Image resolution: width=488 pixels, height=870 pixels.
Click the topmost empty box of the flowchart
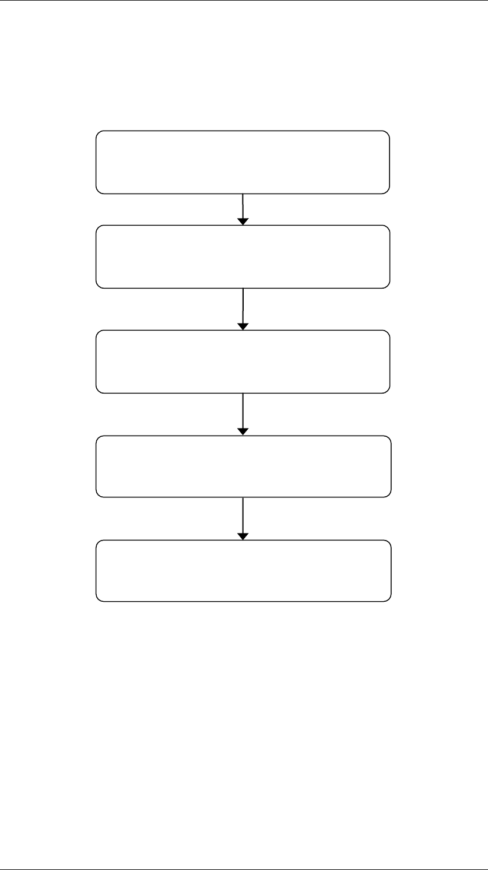click(x=243, y=162)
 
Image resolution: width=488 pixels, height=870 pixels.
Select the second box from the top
click(x=243, y=257)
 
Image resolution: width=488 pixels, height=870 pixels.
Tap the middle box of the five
click(x=243, y=362)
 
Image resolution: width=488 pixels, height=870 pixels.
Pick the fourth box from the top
click(x=243, y=466)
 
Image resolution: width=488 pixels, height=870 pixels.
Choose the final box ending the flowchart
click(x=243, y=571)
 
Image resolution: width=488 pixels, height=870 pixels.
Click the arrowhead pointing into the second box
click(x=243, y=222)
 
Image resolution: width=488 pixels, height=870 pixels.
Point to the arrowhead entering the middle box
click(x=243, y=327)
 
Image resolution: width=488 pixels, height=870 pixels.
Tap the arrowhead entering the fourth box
click(x=243, y=432)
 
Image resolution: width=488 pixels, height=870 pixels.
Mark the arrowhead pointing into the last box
click(x=243, y=536)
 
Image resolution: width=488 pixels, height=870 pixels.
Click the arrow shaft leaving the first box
click(x=243, y=205)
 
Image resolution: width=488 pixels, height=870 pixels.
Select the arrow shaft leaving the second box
click(x=243, y=306)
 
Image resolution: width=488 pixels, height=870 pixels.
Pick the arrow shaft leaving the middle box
click(x=243, y=411)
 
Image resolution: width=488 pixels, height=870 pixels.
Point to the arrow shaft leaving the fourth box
click(x=243, y=515)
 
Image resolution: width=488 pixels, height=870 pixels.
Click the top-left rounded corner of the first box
click(x=99, y=134)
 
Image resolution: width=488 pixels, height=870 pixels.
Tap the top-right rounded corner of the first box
click(x=387, y=134)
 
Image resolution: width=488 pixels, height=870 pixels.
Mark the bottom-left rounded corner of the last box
click(x=99, y=598)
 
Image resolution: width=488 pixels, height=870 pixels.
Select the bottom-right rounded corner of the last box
click(x=388, y=598)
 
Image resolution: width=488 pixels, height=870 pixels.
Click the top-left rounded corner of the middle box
click(x=99, y=333)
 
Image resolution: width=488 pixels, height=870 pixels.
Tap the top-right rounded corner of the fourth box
click(x=388, y=438)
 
